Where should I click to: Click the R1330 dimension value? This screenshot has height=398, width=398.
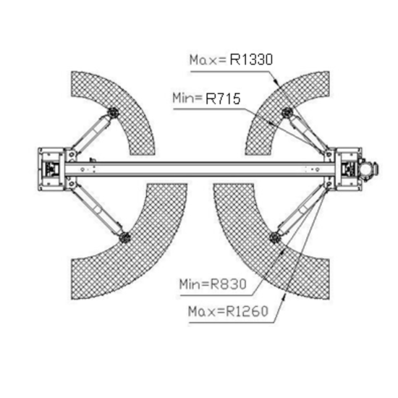click(251, 59)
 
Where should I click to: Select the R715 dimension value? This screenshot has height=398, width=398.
click(223, 98)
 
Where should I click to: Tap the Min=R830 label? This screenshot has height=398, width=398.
click(213, 284)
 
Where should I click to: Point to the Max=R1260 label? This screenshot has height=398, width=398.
click(228, 311)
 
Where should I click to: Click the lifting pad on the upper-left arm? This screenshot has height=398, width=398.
click(113, 112)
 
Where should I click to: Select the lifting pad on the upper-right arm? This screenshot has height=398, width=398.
click(287, 112)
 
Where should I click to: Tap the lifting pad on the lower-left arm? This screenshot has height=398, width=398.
click(124, 237)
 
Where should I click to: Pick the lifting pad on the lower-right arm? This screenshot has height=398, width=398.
click(274, 237)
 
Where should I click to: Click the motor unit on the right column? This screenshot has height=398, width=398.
click(368, 168)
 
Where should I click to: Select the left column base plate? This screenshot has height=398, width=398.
click(51, 169)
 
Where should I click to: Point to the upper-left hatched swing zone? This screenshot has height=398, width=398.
click(119, 106)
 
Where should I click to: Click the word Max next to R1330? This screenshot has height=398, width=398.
click(208, 60)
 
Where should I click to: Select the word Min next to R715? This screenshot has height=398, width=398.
click(187, 98)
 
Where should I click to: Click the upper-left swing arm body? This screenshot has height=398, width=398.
click(92, 133)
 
